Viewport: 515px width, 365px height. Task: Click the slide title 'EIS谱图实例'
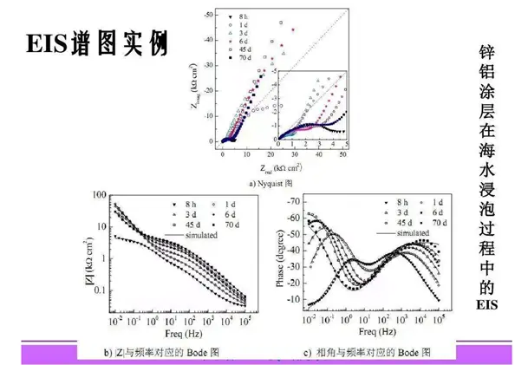[97, 42]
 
